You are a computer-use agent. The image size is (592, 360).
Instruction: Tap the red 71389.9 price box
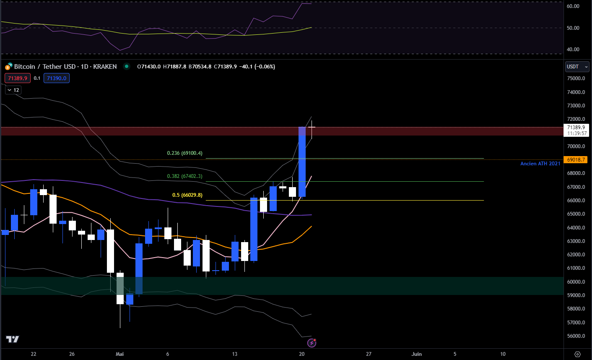18,78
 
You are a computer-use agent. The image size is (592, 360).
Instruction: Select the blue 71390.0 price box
57,78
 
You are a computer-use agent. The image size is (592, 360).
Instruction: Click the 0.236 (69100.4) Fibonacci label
184,153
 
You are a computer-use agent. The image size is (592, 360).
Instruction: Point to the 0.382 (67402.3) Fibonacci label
184,176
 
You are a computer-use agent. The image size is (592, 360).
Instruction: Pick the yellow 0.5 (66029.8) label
187,195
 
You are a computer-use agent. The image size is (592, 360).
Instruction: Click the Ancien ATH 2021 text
540,164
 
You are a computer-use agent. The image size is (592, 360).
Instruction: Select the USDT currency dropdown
577,67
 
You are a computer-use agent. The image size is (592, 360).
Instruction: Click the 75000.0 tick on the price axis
576,78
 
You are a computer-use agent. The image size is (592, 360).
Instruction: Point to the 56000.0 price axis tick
576,336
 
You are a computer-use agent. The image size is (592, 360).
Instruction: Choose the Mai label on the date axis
120,354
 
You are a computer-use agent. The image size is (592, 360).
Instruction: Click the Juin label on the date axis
416,354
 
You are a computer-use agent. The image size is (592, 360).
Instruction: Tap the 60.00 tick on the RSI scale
573,6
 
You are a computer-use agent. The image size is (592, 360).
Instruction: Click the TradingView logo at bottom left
12,339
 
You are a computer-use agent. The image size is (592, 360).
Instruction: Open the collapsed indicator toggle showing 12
13,90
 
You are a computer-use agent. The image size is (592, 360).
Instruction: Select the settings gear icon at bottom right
577,354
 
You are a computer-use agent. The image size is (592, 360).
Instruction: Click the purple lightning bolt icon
312,343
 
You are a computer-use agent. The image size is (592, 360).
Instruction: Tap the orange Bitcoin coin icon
8,67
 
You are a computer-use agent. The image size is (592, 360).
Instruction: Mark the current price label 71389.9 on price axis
576,128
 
